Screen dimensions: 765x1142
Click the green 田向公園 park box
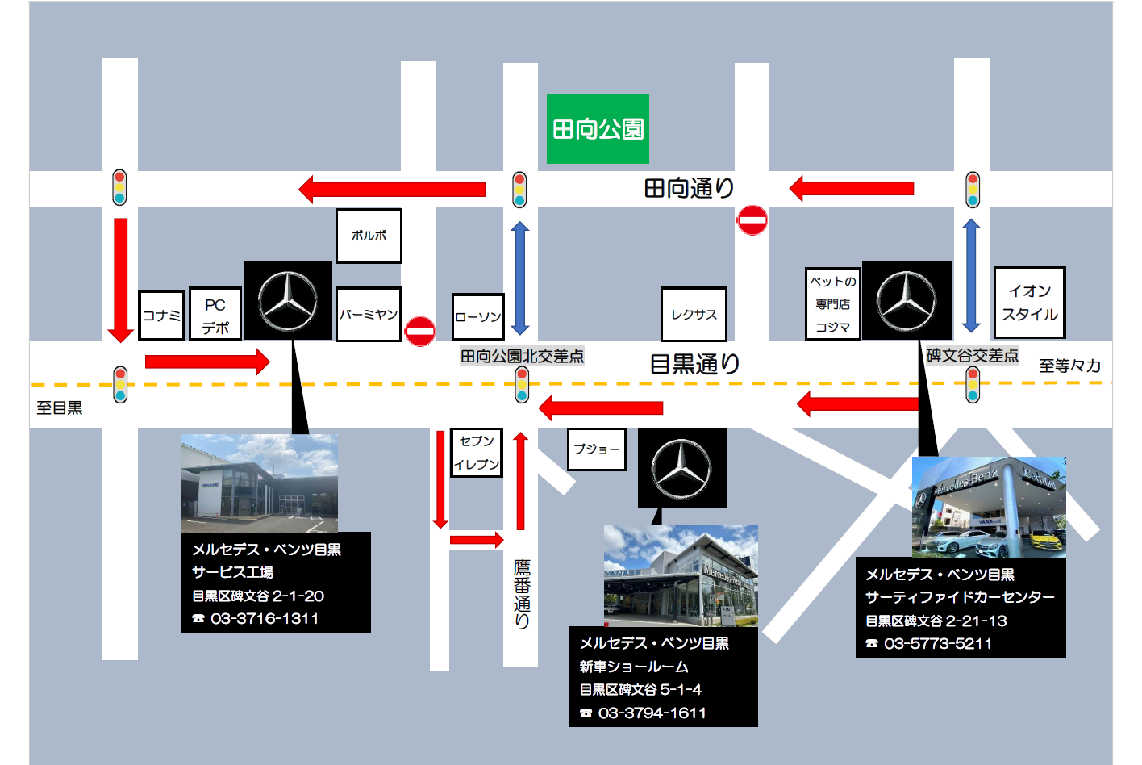(598, 128)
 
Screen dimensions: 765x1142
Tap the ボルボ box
(369, 236)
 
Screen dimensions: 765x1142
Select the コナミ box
(161, 316)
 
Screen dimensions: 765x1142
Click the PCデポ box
(215, 316)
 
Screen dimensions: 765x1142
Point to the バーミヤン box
(369, 315)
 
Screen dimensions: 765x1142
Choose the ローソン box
(478, 317)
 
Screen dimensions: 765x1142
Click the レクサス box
(694, 315)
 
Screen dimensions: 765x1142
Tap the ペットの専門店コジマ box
(833, 304)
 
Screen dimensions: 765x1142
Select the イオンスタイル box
(1029, 303)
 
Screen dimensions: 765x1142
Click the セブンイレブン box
(477, 453)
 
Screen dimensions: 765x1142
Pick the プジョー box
(597, 449)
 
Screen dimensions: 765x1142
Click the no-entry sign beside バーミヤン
(420, 331)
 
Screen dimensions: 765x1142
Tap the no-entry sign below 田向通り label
(752, 220)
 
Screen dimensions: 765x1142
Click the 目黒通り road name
(694, 364)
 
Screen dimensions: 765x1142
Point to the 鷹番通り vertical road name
(522, 594)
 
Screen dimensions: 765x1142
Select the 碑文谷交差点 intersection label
(972, 356)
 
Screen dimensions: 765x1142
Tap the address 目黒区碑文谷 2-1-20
(258, 596)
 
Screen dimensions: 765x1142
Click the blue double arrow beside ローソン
(520, 278)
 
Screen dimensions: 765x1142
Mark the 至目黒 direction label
(60, 408)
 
